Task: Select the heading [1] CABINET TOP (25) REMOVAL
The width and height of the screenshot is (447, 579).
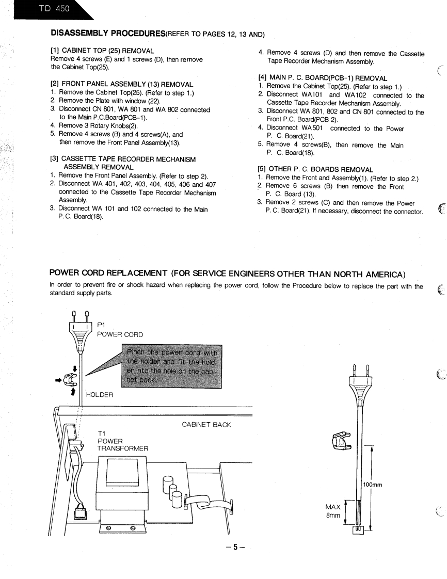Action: [102, 51]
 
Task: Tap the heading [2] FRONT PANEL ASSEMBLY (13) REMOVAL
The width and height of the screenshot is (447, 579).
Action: [122, 84]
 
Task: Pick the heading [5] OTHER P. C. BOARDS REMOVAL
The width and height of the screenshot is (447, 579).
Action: [317, 168]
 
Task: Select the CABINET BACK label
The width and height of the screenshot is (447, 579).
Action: [206, 424]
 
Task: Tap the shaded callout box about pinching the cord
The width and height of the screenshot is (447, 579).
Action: [171, 366]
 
